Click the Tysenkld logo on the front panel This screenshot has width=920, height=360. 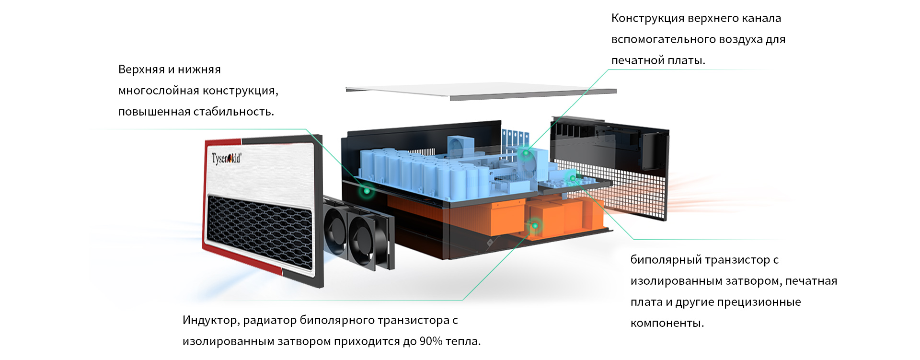[x=226, y=158]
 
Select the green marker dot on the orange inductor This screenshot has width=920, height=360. [x=535, y=225]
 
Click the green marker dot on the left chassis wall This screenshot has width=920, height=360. [x=367, y=191]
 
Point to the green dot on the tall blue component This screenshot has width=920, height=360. [x=526, y=153]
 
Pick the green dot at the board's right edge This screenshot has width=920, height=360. [x=573, y=178]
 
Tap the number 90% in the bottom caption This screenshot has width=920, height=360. [x=431, y=342]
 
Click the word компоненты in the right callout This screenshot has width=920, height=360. [x=667, y=324]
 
